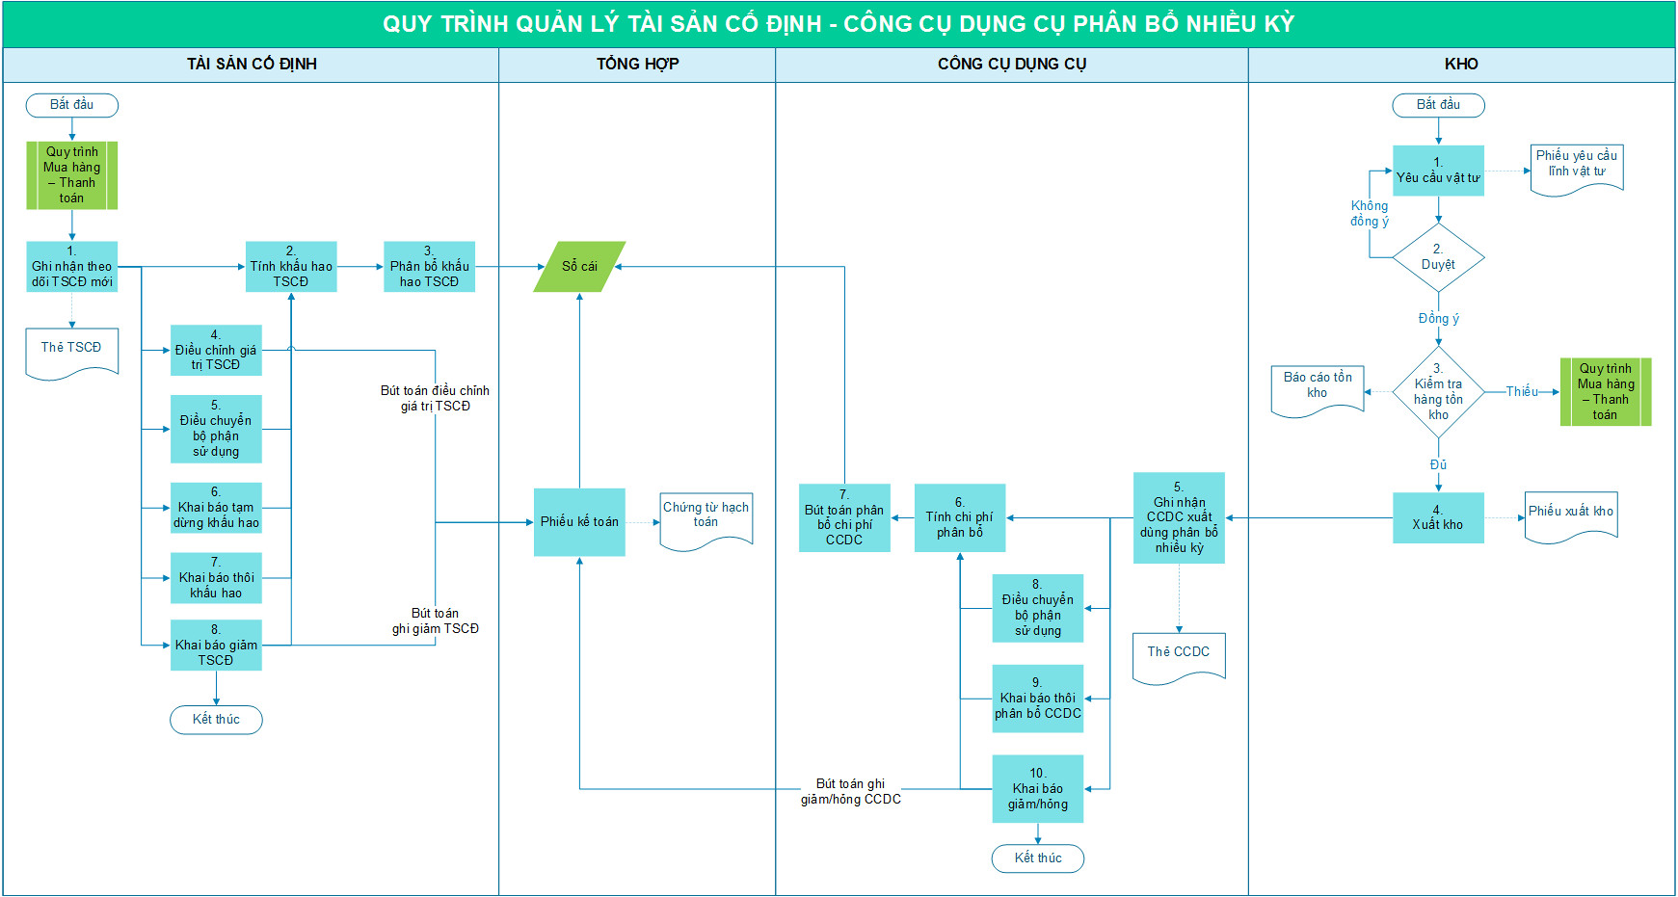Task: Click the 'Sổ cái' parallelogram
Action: [x=579, y=266]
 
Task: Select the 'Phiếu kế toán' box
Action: [x=579, y=521]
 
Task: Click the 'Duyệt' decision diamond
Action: [x=1438, y=258]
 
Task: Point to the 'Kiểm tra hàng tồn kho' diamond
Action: [x=1438, y=392]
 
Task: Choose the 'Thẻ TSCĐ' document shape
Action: [x=71, y=352]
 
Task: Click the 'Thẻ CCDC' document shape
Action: [x=1178, y=656]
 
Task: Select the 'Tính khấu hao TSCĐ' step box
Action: [x=291, y=267]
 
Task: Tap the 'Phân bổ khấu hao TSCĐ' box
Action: [x=429, y=267]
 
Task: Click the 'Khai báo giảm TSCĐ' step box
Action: [x=216, y=645]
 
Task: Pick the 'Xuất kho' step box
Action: [x=1437, y=518]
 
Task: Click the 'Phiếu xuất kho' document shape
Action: [x=1570, y=515]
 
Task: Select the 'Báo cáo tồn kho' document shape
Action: [x=1318, y=389]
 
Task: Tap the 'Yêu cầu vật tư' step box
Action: [x=1438, y=171]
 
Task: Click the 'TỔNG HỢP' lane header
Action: [x=637, y=64]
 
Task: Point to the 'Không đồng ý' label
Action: [x=1370, y=213]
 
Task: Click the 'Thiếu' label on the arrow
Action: [x=1522, y=391]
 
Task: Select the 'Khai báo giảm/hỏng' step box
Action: [x=1037, y=789]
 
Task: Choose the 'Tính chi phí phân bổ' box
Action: [x=959, y=517]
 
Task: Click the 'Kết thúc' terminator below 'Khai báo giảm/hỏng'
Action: [x=1037, y=858]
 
